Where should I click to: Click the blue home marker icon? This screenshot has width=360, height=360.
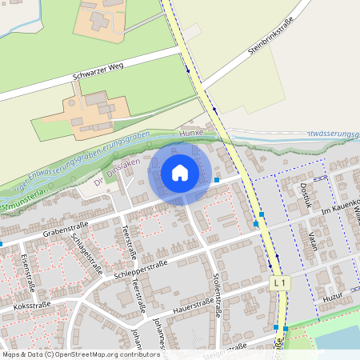coord(180,173)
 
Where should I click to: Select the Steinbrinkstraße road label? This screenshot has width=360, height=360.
coord(270,38)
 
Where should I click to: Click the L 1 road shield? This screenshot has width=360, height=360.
coord(278,283)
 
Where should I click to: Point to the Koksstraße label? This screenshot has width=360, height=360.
coord(31,305)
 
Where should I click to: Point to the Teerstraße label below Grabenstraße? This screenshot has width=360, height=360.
coord(129,245)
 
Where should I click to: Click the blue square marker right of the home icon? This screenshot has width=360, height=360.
coord(217,180)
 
